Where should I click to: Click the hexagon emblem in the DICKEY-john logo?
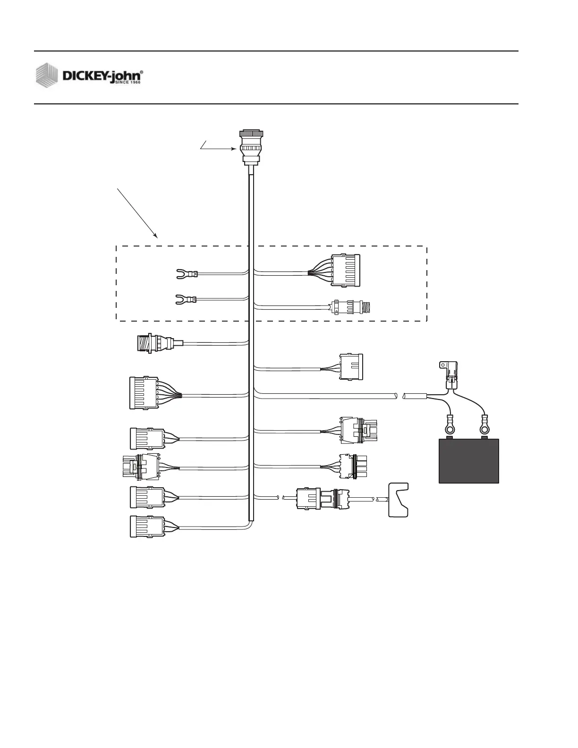coord(48,75)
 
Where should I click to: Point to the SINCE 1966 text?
coord(129,82)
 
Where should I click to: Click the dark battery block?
coord(469,461)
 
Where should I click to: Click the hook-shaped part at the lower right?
coord(398,500)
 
